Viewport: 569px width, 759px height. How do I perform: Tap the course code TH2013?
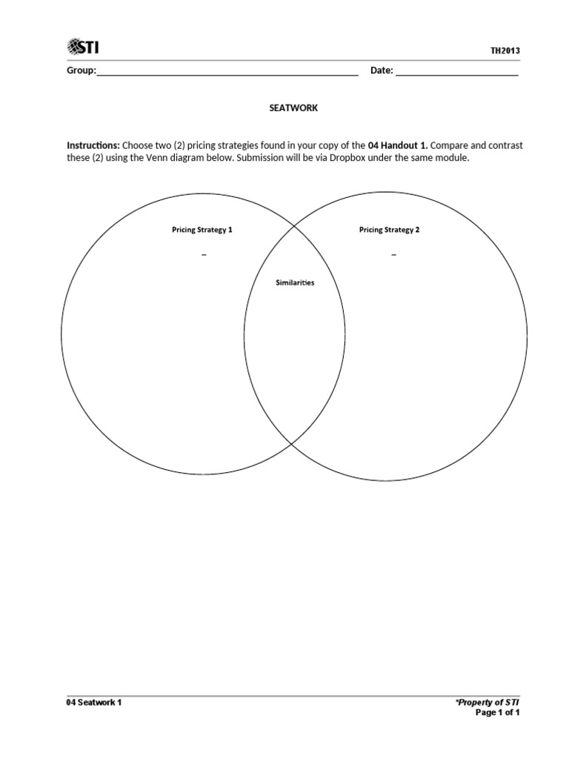click(505, 50)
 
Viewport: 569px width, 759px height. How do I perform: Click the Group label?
click(81, 71)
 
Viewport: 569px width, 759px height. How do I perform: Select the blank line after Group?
click(227, 73)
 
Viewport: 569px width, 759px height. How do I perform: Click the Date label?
click(381, 71)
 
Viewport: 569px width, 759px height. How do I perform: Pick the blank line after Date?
click(457, 73)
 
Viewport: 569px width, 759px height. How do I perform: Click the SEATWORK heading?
click(293, 108)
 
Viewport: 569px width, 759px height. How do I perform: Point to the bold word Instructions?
click(93, 145)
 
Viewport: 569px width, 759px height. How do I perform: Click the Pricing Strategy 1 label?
click(202, 230)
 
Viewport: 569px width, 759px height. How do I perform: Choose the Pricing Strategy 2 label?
click(389, 230)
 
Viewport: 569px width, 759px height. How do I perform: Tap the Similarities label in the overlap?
click(295, 283)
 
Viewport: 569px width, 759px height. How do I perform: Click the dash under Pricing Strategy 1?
click(203, 254)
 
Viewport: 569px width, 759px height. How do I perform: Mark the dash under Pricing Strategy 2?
click(393, 254)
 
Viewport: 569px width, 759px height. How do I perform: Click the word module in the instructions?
click(453, 159)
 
